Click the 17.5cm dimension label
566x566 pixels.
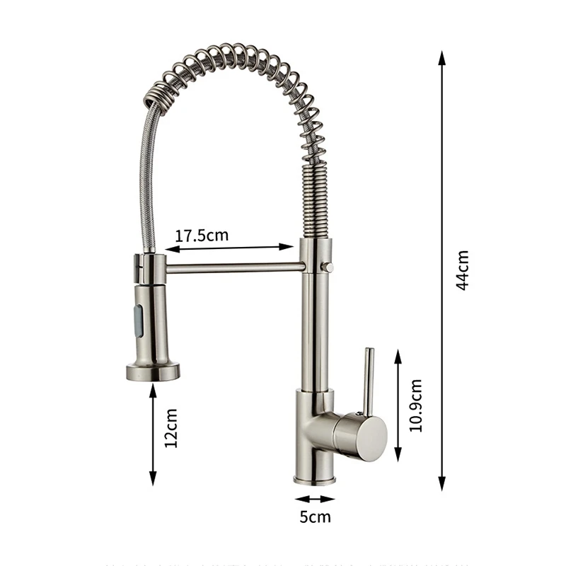[x=202, y=235]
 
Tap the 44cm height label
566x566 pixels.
[x=462, y=271]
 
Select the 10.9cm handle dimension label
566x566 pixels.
[x=417, y=405]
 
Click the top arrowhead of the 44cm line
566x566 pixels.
[x=442, y=57]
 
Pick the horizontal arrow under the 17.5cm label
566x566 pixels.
[x=229, y=248]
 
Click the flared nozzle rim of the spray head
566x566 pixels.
[x=152, y=371]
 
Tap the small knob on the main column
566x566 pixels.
[x=328, y=267]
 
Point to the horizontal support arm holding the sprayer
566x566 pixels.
[x=233, y=267]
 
